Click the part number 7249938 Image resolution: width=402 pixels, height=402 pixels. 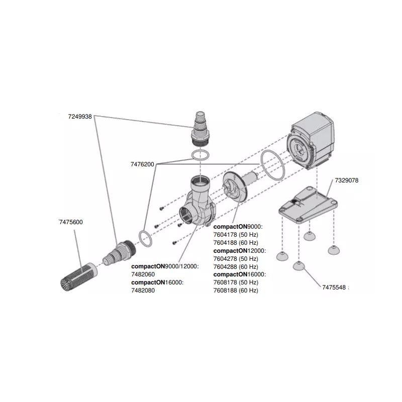(80, 116)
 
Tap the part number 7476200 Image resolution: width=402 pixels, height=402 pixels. (142, 164)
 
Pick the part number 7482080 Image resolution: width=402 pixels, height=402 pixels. (143, 290)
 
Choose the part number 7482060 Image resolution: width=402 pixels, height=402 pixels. (143, 274)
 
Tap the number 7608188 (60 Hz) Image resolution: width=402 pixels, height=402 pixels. (235, 290)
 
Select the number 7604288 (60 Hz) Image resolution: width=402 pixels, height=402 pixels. (235, 266)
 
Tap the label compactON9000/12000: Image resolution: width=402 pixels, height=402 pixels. (165, 266)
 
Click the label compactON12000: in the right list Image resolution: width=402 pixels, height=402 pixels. (240, 250)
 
